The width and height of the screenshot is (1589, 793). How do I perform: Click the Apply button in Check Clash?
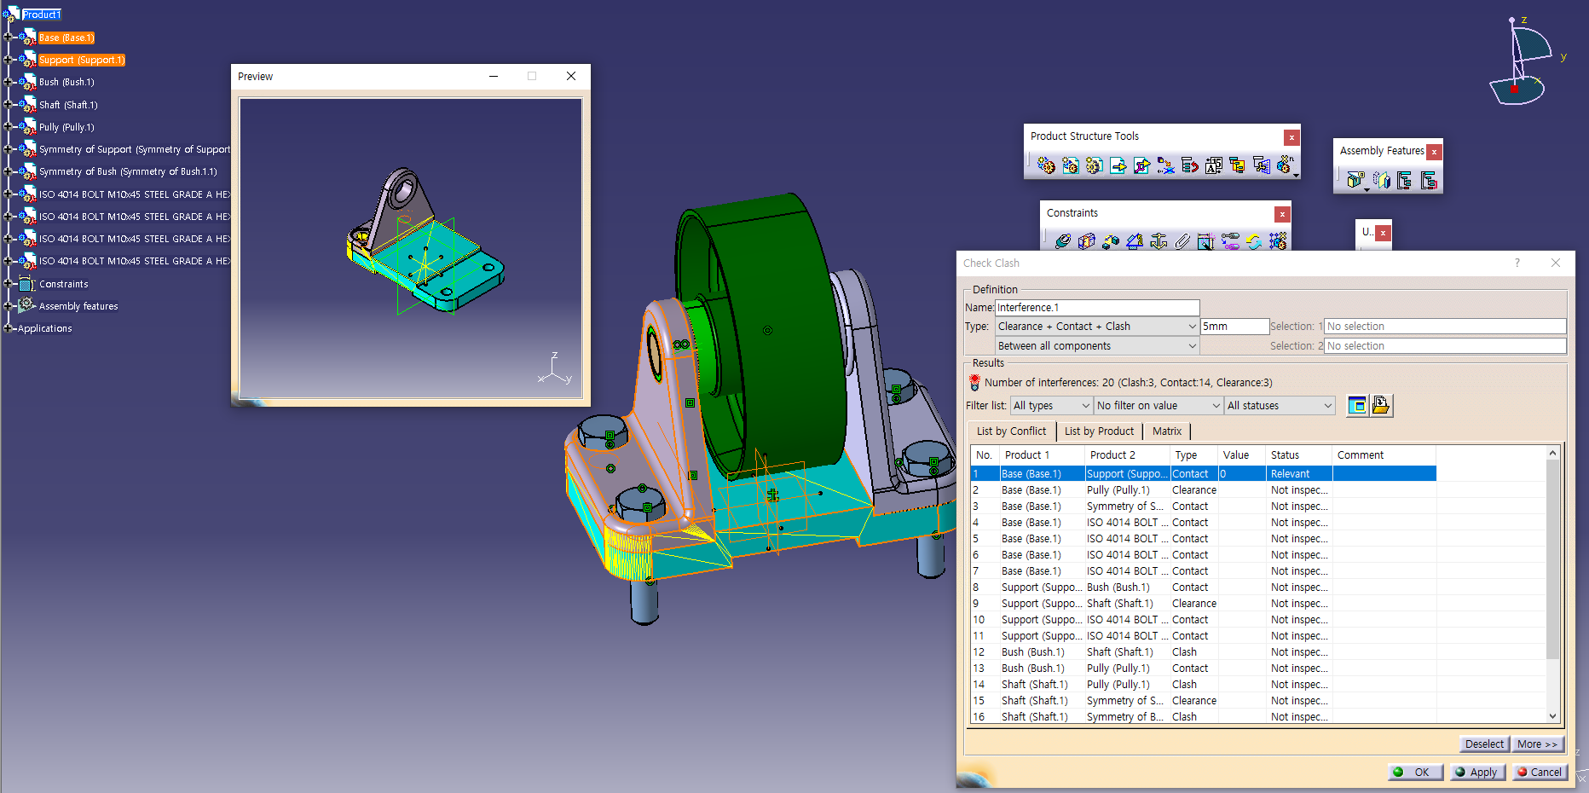coord(1476,772)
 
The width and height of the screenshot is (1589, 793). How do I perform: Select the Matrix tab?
coord(1166,431)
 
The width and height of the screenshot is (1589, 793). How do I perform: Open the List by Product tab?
coord(1099,431)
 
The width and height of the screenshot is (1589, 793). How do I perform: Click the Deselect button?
coord(1484,744)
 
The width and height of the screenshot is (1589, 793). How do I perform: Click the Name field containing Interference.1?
coord(1097,308)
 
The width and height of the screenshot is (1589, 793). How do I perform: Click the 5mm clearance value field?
coord(1234,327)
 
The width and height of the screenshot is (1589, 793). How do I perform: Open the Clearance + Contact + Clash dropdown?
coord(1097,327)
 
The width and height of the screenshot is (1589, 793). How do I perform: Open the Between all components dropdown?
coord(1097,346)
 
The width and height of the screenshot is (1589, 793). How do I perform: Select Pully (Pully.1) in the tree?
coord(66,127)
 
